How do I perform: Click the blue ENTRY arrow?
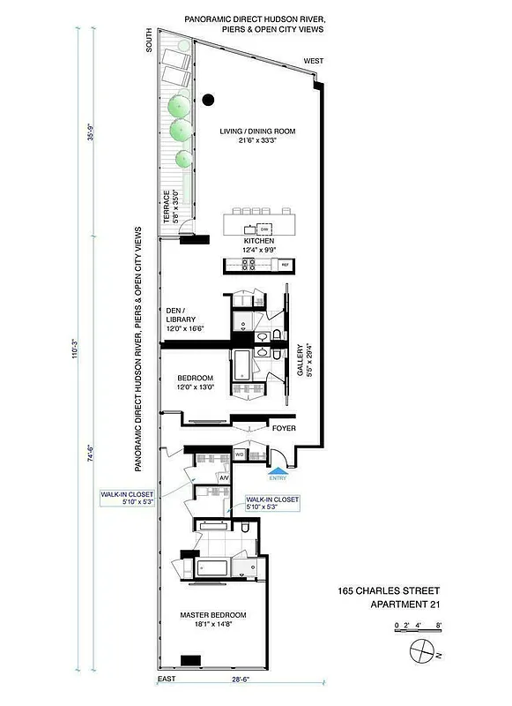coord(278,470)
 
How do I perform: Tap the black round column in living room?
coord(208,100)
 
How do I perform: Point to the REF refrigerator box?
coord(285,264)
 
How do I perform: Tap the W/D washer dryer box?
coord(239,455)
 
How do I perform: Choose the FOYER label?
coord(284,429)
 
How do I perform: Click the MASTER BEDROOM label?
coord(212,615)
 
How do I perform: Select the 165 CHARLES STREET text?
coord(389,590)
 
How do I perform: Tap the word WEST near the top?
coord(313,61)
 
